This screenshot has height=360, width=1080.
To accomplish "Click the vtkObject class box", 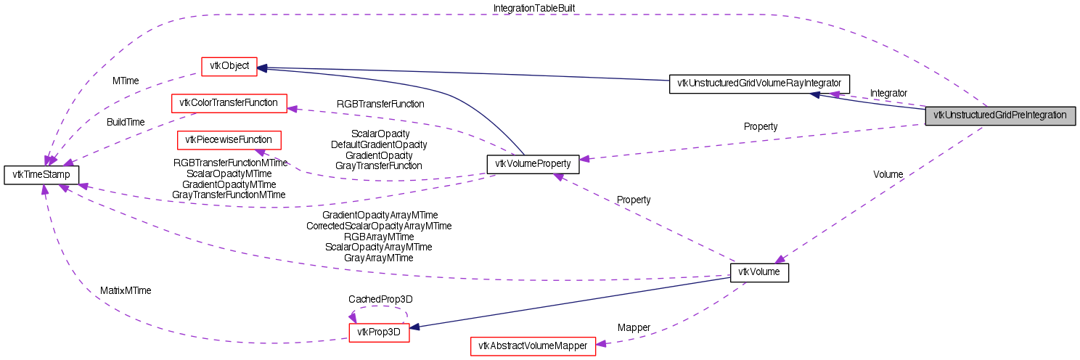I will (x=229, y=66).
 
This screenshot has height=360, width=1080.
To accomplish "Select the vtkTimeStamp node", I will (x=41, y=175).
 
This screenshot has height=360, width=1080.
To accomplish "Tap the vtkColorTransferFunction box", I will (x=229, y=103).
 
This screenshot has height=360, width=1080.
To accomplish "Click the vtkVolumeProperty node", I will (x=533, y=164).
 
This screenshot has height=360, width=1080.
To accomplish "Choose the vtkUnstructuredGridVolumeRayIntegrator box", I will (x=758, y=83).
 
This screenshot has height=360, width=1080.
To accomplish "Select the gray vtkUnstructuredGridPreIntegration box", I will (x=999, y=115).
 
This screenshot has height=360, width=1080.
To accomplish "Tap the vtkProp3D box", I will (x=380, y=333).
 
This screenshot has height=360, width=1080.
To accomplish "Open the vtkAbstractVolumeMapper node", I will (x=533, y=346).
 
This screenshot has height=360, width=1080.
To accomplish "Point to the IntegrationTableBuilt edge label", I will (x=534, y=8).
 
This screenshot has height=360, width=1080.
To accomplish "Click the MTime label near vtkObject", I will (x=126, y=81).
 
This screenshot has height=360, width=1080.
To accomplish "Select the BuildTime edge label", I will (x=126, y=122).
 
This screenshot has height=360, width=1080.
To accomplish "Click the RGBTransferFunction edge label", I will (x=380, y=104).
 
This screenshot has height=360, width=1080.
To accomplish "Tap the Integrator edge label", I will (x=888, y=94).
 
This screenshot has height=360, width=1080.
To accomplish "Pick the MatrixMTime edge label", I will (x=126, y=290).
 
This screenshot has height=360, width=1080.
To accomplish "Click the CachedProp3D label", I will (x=380, y=299).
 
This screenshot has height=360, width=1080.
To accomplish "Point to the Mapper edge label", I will (x=634, y=327).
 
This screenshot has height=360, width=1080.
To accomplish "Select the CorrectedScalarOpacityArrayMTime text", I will (x=379, y=226).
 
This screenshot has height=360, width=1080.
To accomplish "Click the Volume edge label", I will (x=888, y=175).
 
